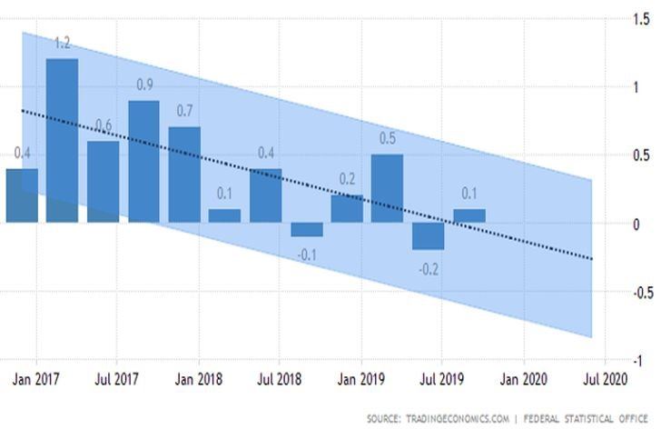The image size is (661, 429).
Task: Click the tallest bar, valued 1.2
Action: pos(62,140)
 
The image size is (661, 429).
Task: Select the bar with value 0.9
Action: pos(143,161)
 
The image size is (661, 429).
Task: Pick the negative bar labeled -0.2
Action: pos(428,235)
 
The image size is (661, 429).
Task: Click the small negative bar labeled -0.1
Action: pos(306,229)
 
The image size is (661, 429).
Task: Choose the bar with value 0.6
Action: pos(103,181)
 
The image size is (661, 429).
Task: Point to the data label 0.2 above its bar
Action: pos(347,179)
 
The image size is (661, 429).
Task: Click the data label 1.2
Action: pos(62,43)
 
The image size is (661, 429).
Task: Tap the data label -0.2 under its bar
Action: pos(428,268)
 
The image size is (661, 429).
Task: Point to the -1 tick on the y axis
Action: pos(638,361)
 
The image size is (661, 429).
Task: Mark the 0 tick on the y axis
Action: pos(638,224)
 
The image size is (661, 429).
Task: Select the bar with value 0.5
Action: pos(388,188)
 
